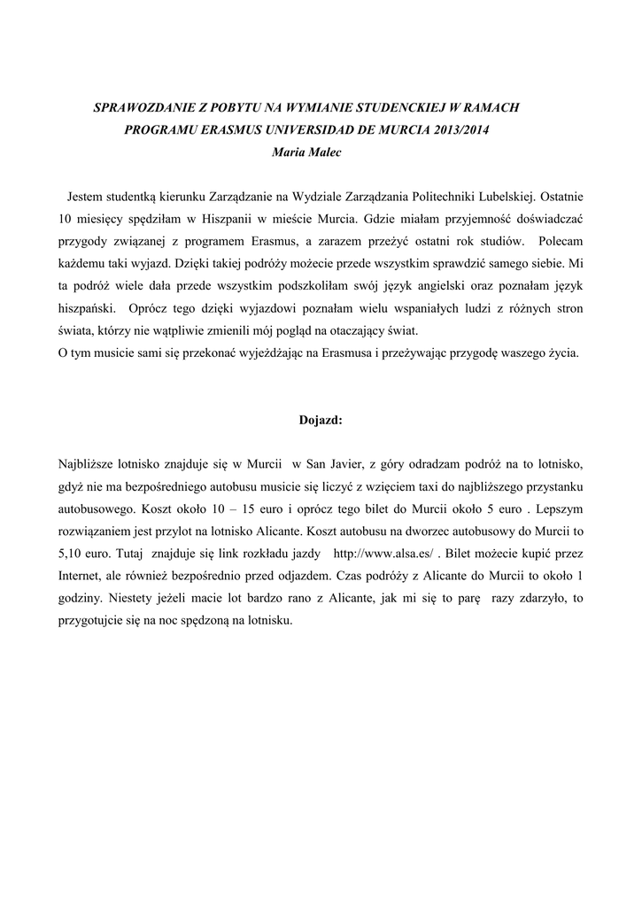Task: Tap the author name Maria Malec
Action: [305, 151]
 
